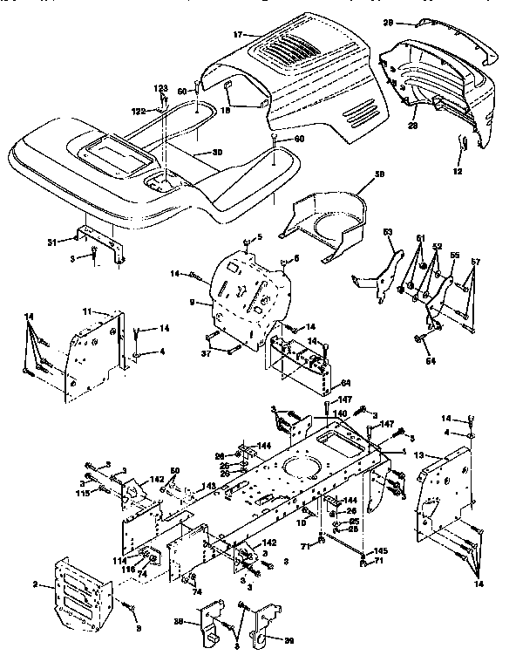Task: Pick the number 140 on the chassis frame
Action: pos(340,414)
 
